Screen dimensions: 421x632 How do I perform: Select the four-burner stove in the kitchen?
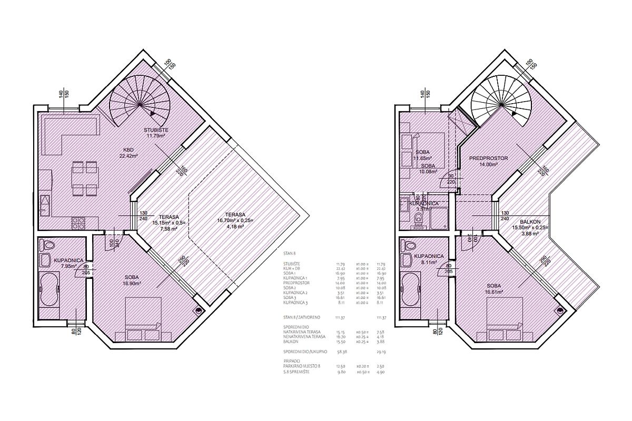[78, 223]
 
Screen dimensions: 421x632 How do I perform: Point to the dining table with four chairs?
[84, 178]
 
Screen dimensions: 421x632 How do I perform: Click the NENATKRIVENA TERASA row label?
[304, 336]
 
